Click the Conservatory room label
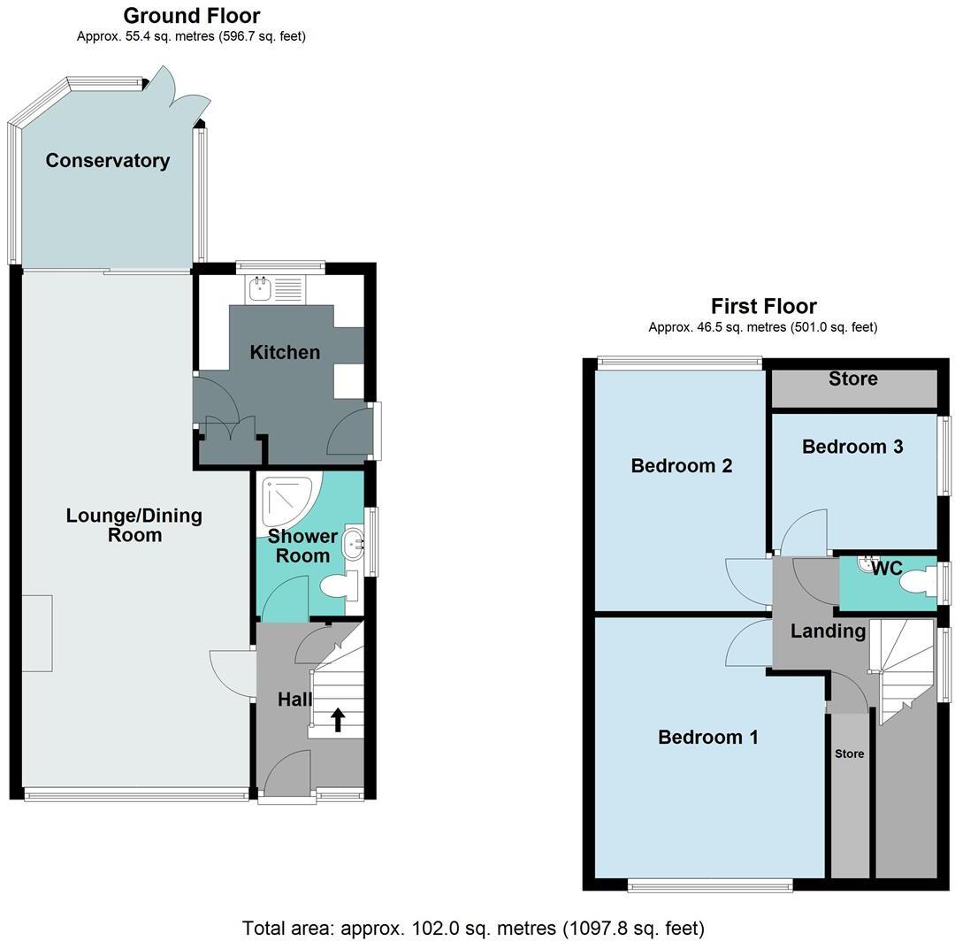pos(107,160)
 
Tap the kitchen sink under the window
pos(261,286)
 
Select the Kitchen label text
pos(285,352)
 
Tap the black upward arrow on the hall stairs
pos(337,719)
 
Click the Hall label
pos(294,700)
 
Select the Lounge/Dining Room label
pos(134,525)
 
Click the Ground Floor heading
pos(191,15)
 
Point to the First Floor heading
pos(763,306)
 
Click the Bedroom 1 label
pos(707,737)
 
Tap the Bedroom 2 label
pos(681,465)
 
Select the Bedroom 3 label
pos(852,447)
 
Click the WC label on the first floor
pos(886,569)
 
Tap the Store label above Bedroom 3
pos(852,379)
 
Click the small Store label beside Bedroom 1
pos(849,754)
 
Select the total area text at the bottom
pos(473,928)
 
